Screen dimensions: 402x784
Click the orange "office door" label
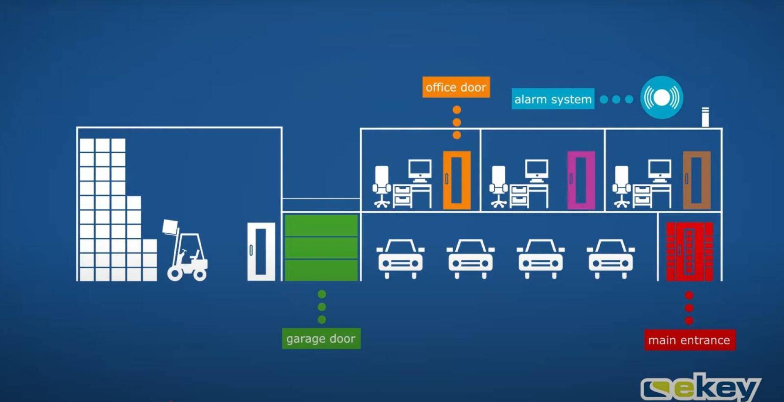click(x=456, y=87)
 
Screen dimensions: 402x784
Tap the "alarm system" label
click(x=552, y=99)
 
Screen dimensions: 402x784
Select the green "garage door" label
click(x=321, y=339)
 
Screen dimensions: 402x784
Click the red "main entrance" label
click(x=689, y=340)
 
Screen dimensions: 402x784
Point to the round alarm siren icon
click(x=661, y=97)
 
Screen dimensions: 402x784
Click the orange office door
click(x=457, y=180)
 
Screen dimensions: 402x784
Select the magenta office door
click(x=581, y=180)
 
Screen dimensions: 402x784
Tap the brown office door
click(x=697, y=180)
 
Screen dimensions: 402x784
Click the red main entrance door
click(x=689, y=252)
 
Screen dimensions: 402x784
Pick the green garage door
click(x=321, y=248)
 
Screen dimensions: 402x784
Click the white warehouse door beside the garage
click(x=261, y=251)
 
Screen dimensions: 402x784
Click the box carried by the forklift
click(x=170, y=226)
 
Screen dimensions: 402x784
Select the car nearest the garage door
click(x=400, y=258)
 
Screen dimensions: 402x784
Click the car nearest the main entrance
click(x=610, y=258)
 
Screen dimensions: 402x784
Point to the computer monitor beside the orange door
click(x=420, y=170)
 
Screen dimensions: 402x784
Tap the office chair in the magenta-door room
click(x=499, y=186)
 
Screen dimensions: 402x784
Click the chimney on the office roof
click(x=705, y=117)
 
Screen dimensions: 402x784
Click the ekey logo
click(x=700, y=387)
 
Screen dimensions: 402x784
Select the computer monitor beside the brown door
click(x=659, y=170)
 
